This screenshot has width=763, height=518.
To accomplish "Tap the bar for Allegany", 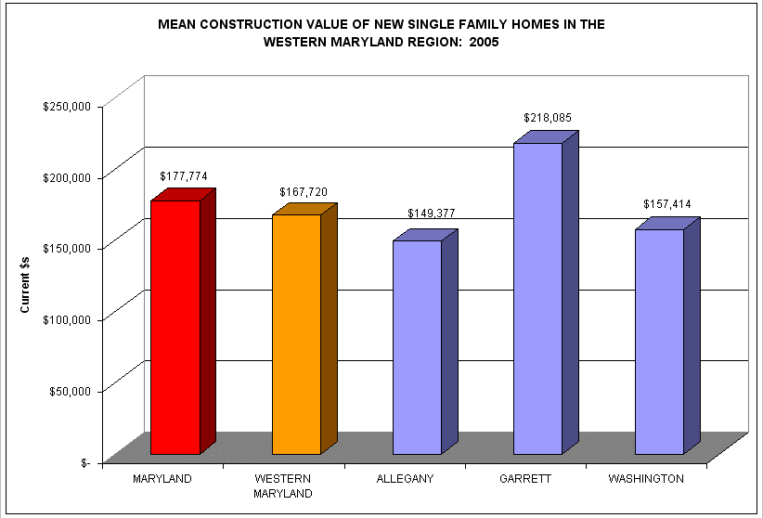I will [x=417, y=347].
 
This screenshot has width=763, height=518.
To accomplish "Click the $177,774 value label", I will [x=184, y=175].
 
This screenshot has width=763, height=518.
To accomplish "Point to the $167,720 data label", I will [x=304, y=192].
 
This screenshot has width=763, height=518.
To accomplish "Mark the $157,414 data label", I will [x=667, y=204].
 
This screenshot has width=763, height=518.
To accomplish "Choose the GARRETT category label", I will [x=525, y=479].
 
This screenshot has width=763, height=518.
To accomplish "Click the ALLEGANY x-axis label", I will [x=405, y=479].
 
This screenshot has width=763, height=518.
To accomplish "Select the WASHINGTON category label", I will [x=646, y=479].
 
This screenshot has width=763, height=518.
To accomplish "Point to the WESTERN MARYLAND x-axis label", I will [x=283, y=486].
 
